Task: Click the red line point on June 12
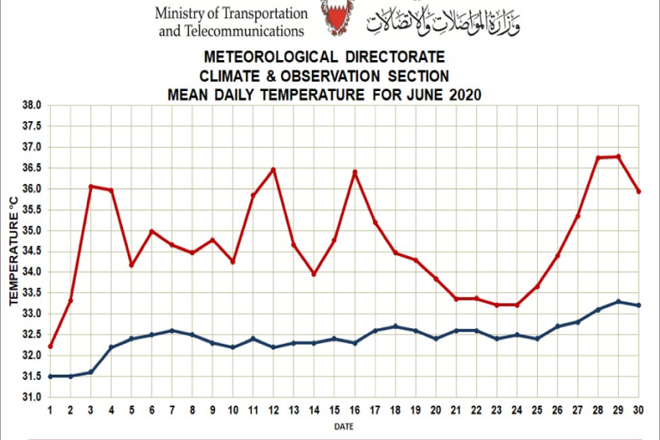pos(273,169)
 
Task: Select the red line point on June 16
pos(354,173)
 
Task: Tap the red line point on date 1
pos(50,346)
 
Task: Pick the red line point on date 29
pos(618,156)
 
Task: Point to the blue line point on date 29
pos(618,302)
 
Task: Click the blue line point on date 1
pos(50,376)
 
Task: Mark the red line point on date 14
pos(314,274)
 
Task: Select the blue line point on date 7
pos(172,330)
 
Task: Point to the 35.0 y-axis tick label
pos(32,230)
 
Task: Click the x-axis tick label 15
pos(334,410)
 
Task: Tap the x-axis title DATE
pos(344,425)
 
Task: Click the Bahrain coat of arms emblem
pos(337,16)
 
